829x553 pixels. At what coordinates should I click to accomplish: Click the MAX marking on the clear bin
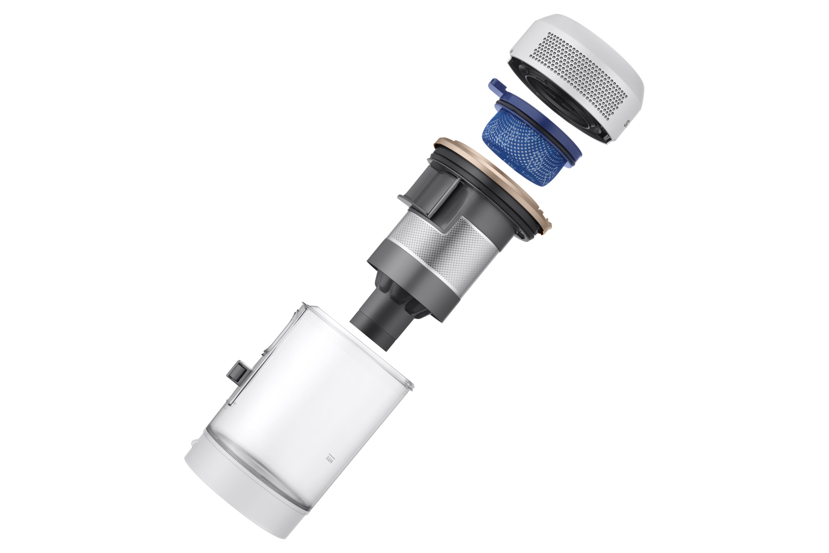point(330,458)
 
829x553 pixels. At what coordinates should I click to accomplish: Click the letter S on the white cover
point(626,124)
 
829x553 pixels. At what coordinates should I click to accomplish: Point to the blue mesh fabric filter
point(522,148)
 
